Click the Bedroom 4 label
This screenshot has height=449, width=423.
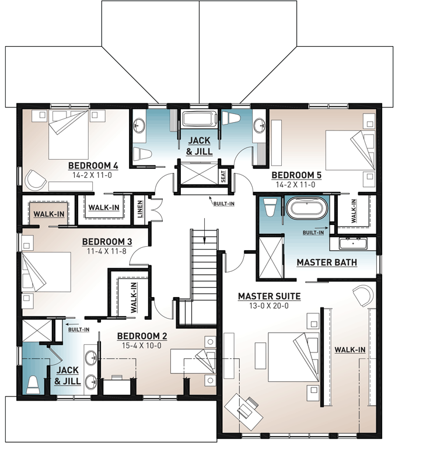93,164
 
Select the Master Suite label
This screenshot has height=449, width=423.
263,296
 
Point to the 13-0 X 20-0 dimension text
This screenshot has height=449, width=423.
263,306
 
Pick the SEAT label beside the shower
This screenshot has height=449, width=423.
223,176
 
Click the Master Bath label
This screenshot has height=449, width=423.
327,263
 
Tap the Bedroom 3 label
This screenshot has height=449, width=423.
107,241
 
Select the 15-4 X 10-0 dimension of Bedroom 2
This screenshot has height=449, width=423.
142,345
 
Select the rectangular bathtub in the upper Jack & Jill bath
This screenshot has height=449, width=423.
200,119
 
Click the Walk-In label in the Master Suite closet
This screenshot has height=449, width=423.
350,350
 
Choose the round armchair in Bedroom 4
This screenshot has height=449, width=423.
36,181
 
